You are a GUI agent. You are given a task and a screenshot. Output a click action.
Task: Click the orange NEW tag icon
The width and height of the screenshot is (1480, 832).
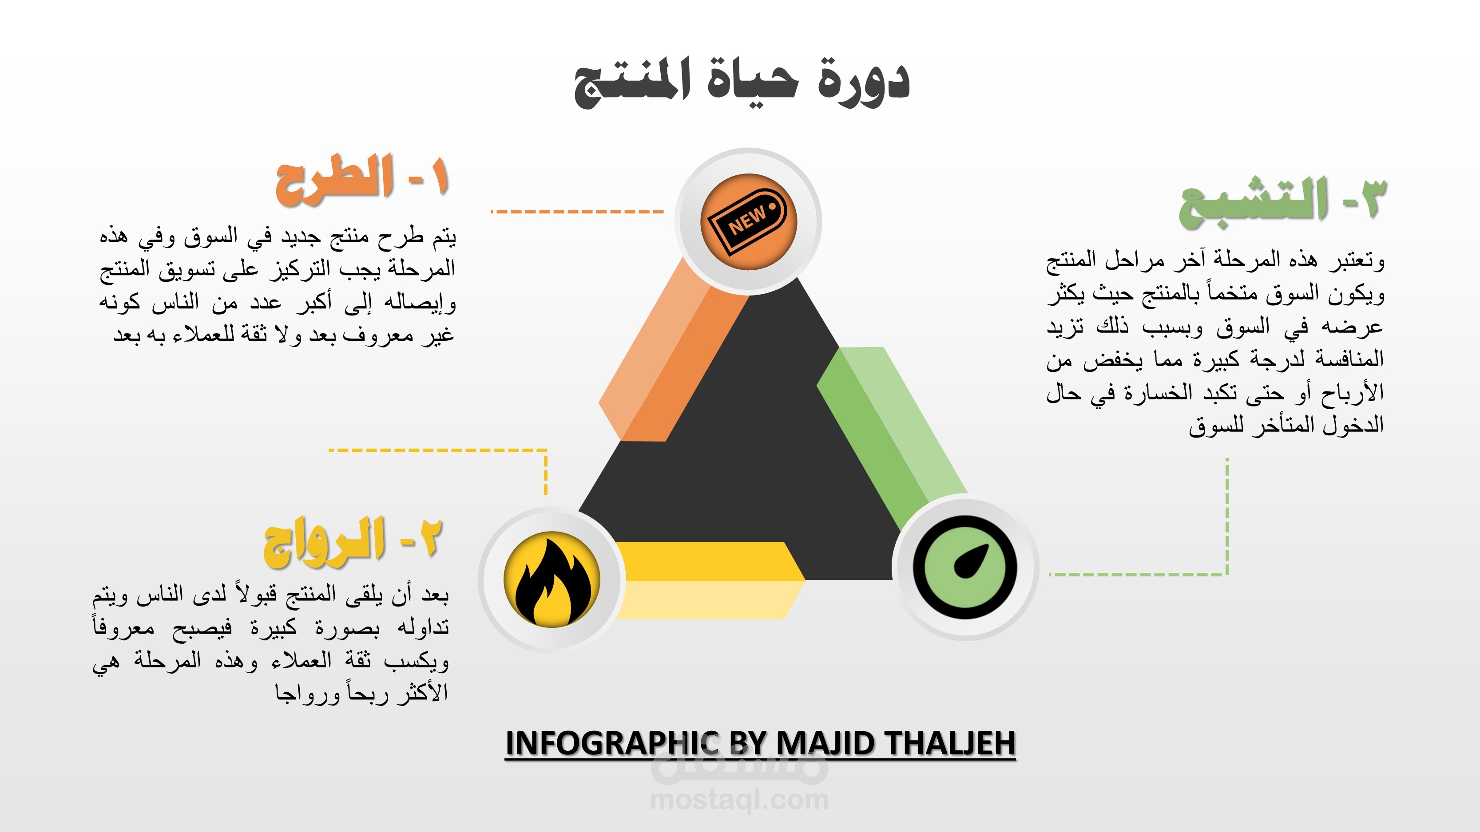748,221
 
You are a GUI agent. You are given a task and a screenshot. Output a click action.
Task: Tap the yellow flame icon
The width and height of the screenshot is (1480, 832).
552,579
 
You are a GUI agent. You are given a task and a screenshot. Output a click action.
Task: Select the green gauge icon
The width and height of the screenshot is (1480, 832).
965,567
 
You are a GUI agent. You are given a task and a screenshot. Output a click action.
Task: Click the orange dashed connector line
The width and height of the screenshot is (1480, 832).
577,211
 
